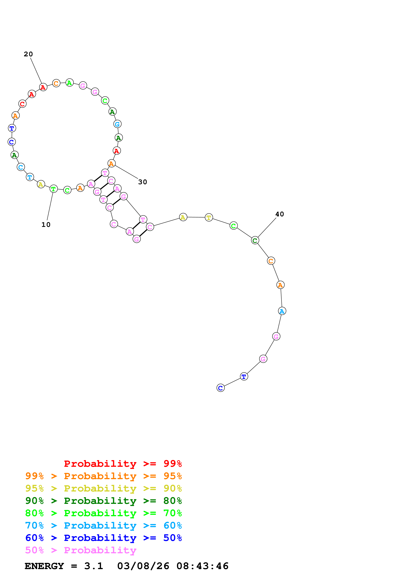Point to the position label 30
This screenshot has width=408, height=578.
(x=143, y=182)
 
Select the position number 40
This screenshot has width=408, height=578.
(x=279, y=214)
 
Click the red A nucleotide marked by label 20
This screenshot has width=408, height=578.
(x=43, y=87)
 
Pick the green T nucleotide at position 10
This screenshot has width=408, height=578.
(x=53, y=189)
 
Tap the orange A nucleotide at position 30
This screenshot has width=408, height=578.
(x=111, y=164)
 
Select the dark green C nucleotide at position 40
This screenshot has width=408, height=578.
(x=255, y=240)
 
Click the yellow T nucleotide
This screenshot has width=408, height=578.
(x=209, y=217)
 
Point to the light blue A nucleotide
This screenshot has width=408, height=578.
(x=282, y=311)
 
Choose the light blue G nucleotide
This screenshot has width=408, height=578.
(x=117, y=124)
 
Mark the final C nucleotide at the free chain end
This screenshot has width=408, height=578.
(x=221, y=388)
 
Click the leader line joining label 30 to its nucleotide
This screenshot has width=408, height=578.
(x=126, y=172)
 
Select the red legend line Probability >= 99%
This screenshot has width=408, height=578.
(x=123, y=464)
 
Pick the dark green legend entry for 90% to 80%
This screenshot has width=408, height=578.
(x=103, y=501)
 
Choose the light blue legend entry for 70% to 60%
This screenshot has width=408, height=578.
(x=103, y=526)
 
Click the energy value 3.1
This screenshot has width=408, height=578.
(x=93, y=566)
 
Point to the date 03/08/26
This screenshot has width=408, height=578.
(x=143, y=566)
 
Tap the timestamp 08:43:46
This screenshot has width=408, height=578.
(x=202, y=566)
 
